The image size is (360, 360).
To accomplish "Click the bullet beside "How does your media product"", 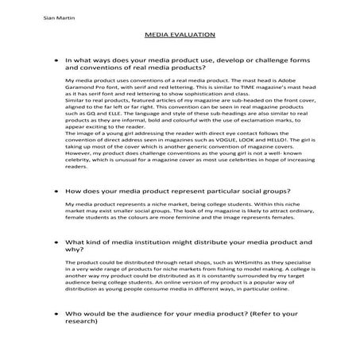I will [53, 192].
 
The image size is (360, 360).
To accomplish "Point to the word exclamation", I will [258, 122].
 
